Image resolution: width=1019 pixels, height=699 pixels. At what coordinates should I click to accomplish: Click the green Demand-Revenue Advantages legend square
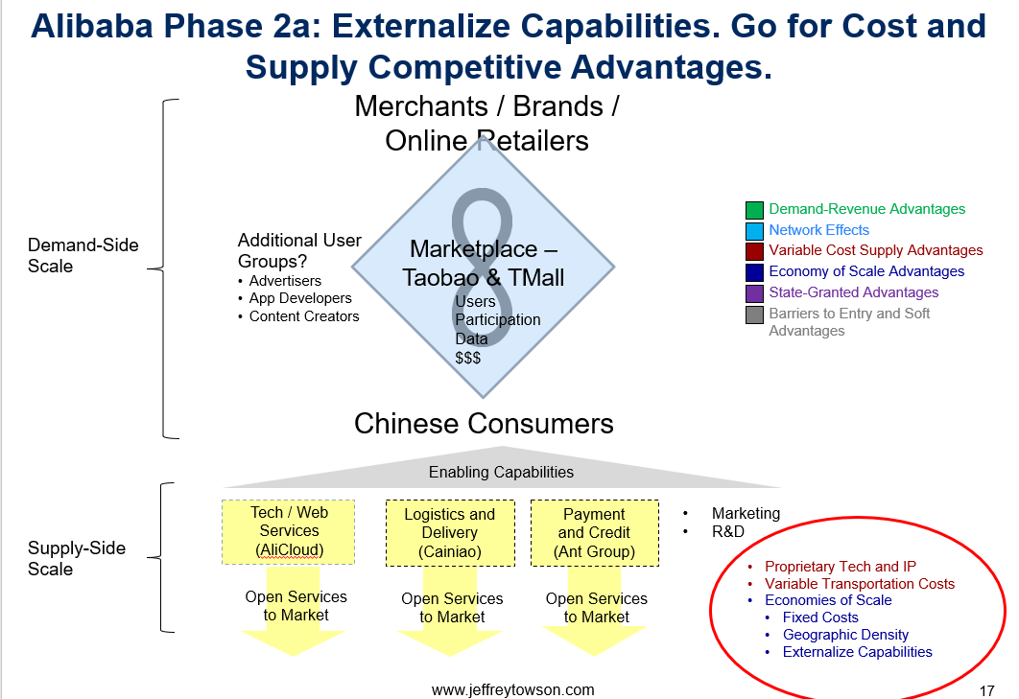click(754, 210)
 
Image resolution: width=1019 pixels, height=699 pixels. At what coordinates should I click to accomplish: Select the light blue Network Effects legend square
click(754, 231)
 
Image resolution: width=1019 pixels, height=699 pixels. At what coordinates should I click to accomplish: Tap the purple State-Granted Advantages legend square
click(754, 293)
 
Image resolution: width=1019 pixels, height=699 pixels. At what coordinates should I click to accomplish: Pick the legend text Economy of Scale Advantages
click(866, 271)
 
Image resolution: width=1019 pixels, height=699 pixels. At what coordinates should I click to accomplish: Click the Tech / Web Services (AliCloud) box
click(289, 532)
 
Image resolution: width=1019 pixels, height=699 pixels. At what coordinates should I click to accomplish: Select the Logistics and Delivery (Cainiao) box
click(450, 533)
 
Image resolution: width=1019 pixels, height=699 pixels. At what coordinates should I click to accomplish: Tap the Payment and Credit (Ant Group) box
click(595, 533)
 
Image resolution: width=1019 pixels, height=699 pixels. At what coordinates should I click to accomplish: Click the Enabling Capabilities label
click(501, 473)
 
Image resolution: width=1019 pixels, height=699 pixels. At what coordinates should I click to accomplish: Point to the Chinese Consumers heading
click(484, 424)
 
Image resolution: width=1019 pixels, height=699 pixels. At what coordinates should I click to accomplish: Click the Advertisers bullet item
click(285, 281)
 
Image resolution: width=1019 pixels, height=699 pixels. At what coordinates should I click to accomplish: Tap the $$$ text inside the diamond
click(468, 358)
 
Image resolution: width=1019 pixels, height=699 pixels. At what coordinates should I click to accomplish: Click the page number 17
click(986, 690)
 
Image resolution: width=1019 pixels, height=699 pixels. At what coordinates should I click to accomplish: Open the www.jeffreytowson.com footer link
click(512, 690)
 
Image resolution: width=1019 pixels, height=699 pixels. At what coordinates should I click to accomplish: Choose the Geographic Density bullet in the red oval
click(845, 635)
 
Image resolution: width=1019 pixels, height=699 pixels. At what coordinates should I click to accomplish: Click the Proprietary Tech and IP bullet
click(841, 567)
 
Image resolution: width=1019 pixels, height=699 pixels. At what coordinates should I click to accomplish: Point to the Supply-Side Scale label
click(77, 559)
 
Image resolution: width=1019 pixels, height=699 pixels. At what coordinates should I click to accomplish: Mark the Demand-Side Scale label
click(83, 255)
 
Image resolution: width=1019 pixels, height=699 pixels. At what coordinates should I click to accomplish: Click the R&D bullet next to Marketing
click(728, 531)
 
